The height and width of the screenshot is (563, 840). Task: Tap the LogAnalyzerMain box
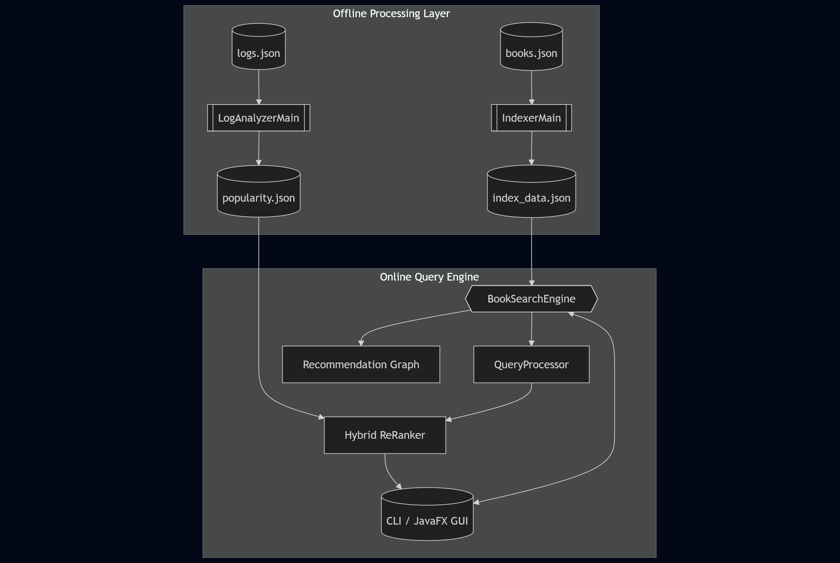point(259,118)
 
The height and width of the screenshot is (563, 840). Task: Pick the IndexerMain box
point(531,118)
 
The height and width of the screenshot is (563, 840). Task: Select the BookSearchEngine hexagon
point(531,299)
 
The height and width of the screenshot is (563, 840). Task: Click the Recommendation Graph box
point(361,364)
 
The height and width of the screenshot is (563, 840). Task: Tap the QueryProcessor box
point(531,364)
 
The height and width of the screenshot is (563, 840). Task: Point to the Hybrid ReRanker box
point(385,435)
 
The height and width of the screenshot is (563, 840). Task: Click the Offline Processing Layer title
point(391,14)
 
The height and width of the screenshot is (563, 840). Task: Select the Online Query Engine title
point(429,277)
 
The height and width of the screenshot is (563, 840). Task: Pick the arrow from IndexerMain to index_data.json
point(531,148)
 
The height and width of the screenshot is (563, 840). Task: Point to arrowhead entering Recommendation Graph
point(361,343)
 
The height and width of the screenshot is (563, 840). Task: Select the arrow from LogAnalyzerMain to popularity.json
point(259,148)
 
